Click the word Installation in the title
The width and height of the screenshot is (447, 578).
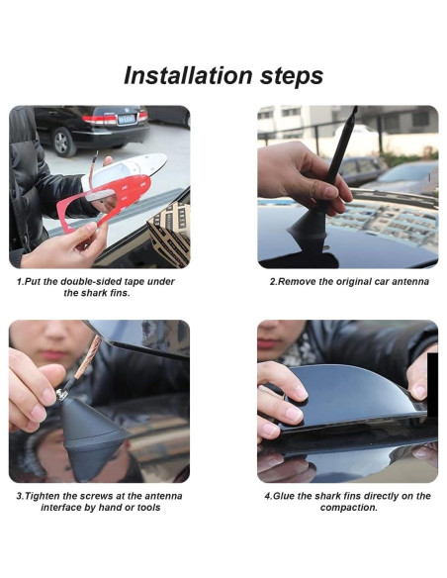click(188, 75)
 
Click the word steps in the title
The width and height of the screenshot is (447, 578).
click(292, 77)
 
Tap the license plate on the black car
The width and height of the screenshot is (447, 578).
click(127, 119)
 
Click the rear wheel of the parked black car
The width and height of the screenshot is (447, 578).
click(63, 142)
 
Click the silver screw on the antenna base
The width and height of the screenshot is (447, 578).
click(62, 395)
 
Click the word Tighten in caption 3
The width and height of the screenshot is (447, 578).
click(44, 496)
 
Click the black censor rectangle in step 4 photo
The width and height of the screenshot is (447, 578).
click(432, 384)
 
